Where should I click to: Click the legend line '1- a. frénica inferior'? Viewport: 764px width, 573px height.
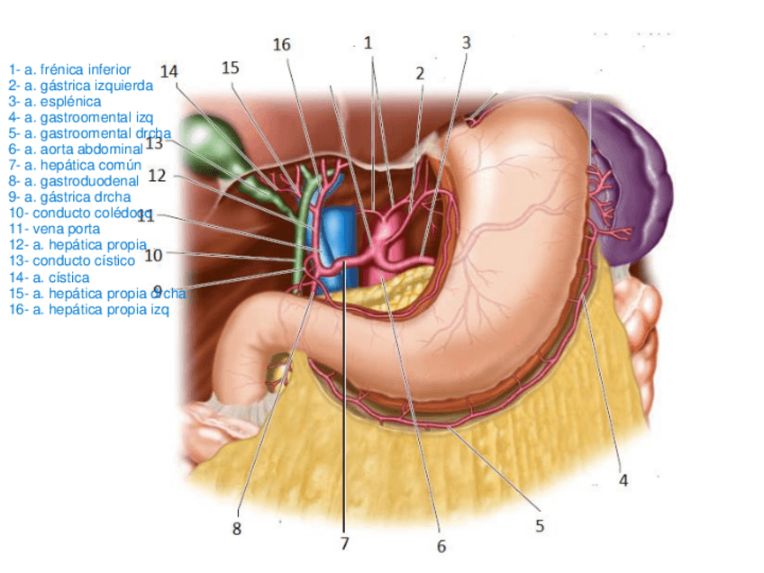(x=69, y=69)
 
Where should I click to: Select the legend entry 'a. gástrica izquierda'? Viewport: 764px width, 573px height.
(x=81, y=86)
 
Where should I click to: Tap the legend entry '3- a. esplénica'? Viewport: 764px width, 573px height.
(x=54, y=102)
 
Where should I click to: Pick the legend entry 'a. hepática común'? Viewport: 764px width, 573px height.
(x=76, y=165)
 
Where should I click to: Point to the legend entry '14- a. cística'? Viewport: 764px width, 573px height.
(x=50, y=277)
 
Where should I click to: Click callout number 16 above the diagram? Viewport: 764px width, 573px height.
(x=282, y=45)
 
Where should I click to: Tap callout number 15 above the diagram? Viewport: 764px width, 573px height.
(x=231, y=68)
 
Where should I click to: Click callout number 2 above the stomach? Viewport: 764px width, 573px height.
(x=419, y=75)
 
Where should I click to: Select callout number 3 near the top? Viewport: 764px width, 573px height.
(x=466, y=42)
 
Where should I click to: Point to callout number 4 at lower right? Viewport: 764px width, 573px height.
(x=623, y=480)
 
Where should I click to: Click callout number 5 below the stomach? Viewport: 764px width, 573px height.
(x=539, y=525)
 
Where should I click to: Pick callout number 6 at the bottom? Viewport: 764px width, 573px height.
(x=441, y=546)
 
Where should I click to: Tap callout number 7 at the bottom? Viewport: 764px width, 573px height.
(x=343, y=543)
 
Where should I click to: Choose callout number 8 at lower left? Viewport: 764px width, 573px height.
(x=237, y=529)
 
